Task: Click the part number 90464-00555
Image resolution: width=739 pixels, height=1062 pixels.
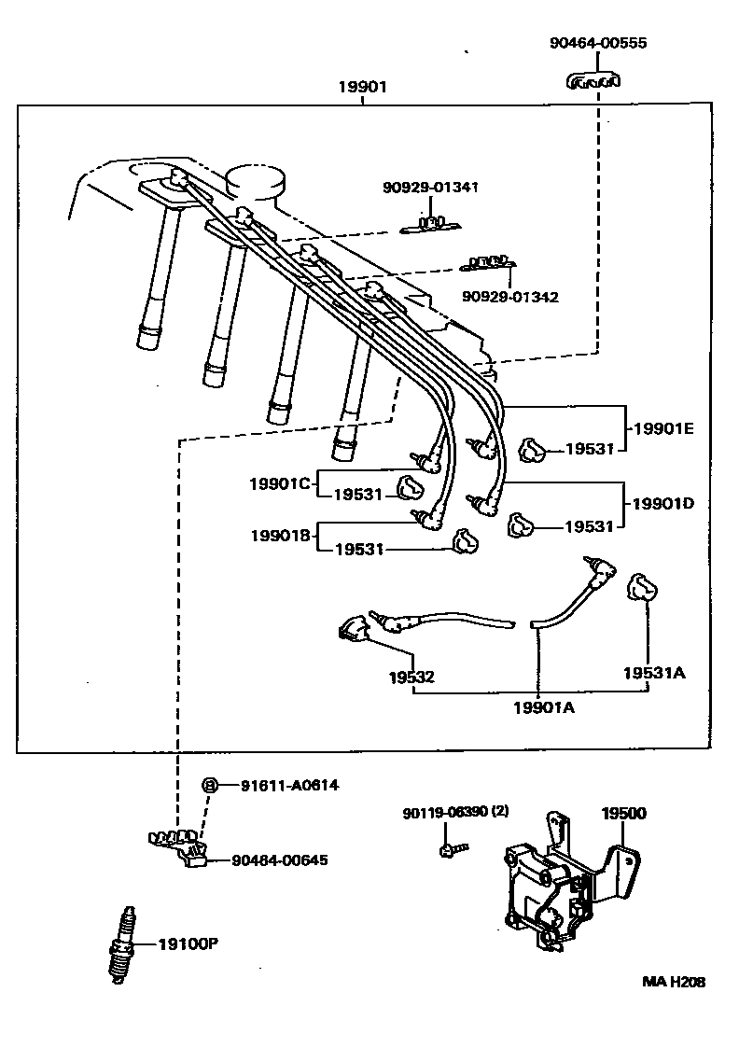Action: pos(597,43)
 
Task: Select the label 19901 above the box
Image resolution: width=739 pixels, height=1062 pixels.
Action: pos(362,87)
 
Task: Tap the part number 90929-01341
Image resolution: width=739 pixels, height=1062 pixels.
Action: pos(430,188)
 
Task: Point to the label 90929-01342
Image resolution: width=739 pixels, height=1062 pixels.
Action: pos(509,297)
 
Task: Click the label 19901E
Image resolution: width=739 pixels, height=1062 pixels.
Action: pos(663,428)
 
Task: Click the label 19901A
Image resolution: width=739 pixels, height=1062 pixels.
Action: pos(543,707)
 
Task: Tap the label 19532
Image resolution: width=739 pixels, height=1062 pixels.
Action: pos(411,677)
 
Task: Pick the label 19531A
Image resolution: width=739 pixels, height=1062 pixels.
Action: pos(654,672)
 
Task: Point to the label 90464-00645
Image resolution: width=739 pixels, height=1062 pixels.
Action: pos(279,859)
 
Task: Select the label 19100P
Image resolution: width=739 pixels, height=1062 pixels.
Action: pos(188,944)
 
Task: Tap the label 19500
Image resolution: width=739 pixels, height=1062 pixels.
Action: pos(622,814)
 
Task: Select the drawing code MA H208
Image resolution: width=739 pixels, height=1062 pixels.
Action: pos(673,982)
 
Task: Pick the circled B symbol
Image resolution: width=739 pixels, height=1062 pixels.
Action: pos(211,786)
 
